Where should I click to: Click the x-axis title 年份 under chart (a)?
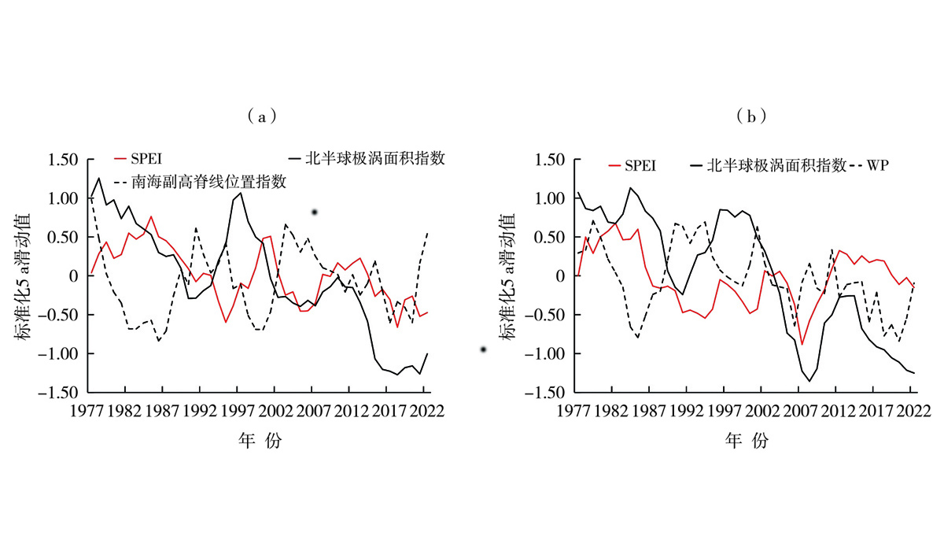point(259,442)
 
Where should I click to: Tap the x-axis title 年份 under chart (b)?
point(746,442)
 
